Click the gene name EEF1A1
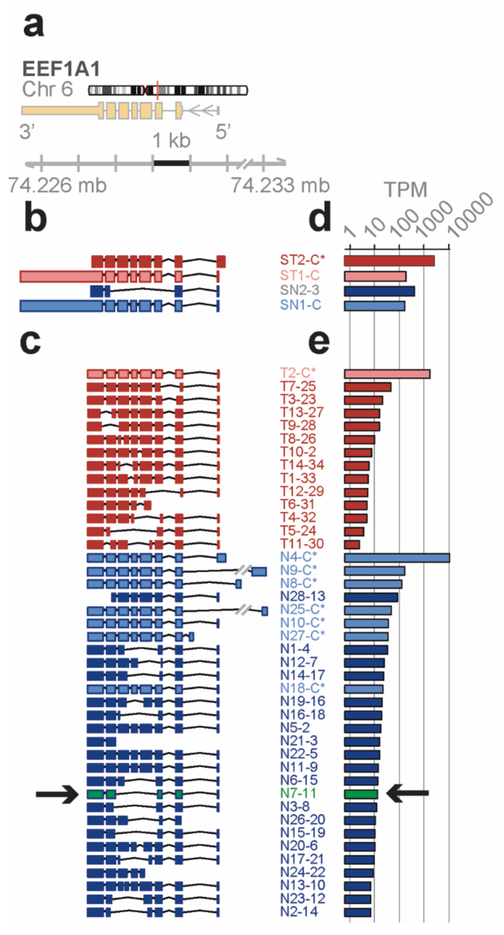61,69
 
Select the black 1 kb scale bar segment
171,163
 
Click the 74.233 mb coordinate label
280,185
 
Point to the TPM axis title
405,190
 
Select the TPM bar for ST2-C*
389,261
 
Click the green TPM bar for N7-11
361,794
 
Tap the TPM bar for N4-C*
397,558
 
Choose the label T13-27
302,412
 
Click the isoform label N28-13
303,596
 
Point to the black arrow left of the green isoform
57,794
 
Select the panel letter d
320,217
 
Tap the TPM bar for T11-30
352,545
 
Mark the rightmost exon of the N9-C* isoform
259,572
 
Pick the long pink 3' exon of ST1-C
61,277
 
